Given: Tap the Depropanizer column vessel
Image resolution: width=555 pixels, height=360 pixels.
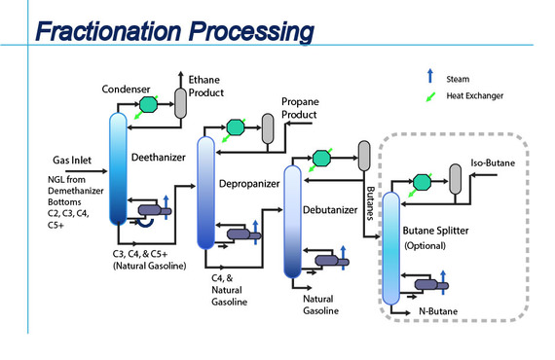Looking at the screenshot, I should click(x=204, y=199).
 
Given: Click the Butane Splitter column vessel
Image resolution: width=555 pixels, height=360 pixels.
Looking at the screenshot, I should click(x=390, y=248).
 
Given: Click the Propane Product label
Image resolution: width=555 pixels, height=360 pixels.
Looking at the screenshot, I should click(x=299, y=108).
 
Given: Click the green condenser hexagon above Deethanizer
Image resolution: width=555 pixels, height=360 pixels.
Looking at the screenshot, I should click(x=148, y=104).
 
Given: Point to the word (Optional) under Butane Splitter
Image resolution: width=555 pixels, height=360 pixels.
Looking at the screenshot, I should click(x=425, y=245).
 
